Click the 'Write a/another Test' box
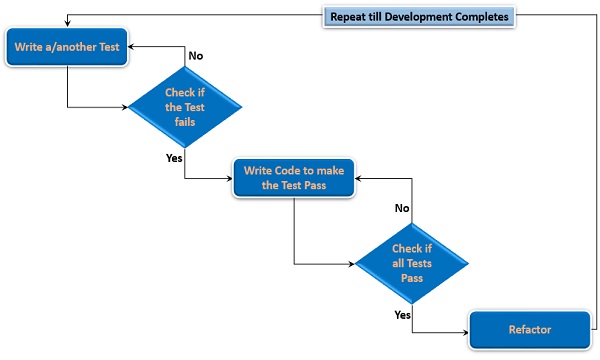click(68, 47)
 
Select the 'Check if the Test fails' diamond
click(186, 107)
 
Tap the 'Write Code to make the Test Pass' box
click(294, 178)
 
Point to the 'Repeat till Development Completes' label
click(420, 17)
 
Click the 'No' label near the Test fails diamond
click(196, 56)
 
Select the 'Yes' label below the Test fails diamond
click(174, 158)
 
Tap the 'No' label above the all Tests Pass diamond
click(402, 208)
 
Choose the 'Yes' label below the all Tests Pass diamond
click(402, 314)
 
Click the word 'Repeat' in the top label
click(351, 17)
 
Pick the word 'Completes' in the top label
click(477, 17)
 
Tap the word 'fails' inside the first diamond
click(186, 122)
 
